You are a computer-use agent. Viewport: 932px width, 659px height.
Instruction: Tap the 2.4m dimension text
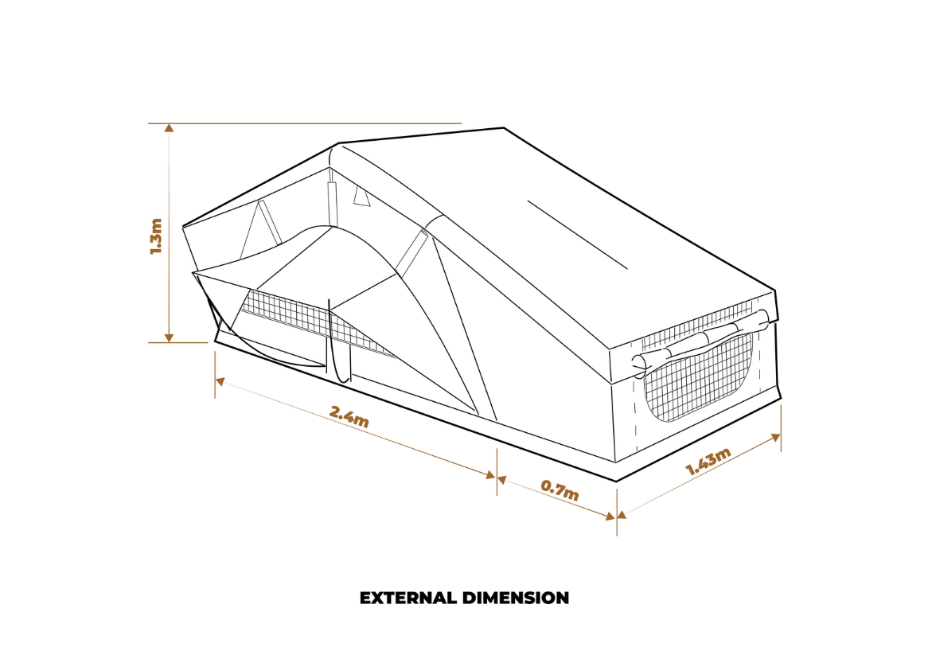349,416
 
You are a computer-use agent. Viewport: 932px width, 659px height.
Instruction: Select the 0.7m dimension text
560,489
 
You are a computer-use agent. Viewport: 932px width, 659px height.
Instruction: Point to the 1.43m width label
708,462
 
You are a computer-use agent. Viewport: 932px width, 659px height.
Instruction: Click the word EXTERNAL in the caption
408,598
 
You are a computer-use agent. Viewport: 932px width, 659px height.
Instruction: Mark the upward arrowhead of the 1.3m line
169,127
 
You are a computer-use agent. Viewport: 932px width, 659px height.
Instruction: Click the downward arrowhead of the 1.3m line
169,338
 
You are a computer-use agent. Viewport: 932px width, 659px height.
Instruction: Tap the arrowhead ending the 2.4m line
491,476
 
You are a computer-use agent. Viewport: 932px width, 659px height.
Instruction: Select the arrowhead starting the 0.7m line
503,480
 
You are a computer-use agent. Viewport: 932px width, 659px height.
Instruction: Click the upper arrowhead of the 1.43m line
776,437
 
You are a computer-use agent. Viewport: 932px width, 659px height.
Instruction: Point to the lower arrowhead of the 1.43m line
622,513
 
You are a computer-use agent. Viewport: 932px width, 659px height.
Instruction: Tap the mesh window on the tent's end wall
700,382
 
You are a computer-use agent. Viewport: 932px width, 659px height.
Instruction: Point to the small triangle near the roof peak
362,197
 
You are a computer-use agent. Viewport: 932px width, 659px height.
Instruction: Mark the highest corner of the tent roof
503,128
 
